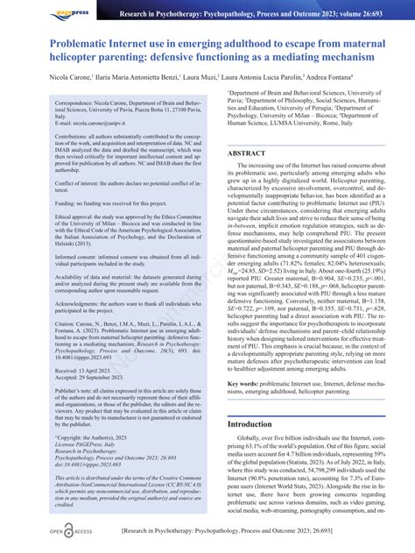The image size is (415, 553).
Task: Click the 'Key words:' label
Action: [x=245, y=384]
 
